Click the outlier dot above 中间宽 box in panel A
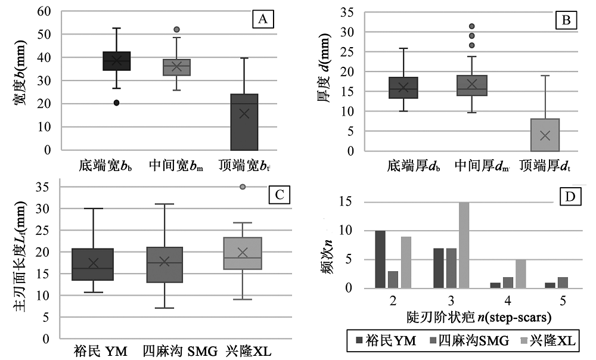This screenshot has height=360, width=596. [176, 29]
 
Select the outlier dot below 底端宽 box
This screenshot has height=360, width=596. [117, 103]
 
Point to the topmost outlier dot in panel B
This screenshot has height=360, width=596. [471, 26]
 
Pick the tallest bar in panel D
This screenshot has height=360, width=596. [464, 245]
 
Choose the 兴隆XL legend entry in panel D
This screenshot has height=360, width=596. [544, 340]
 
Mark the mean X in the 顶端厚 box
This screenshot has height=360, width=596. [545, 136]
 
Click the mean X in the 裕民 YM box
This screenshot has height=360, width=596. [93, 263]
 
